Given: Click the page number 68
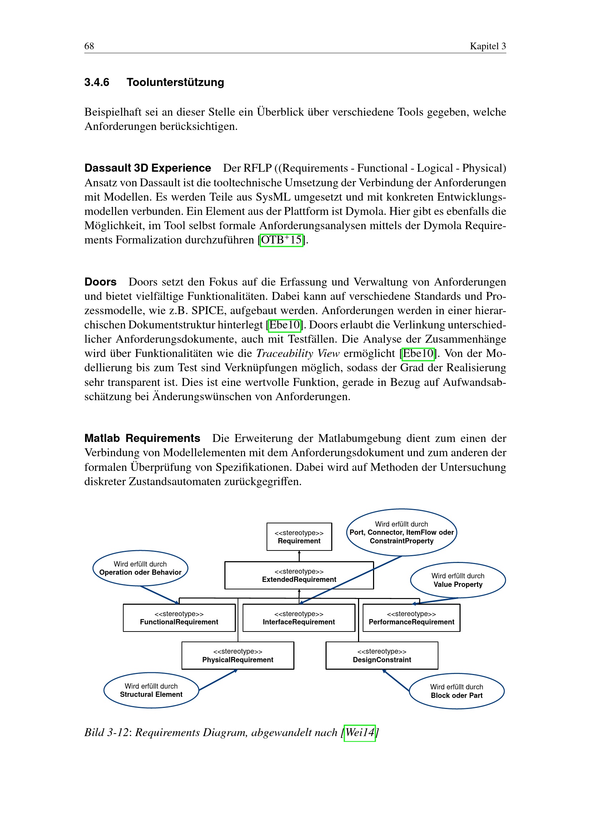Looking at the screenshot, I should point(89,46).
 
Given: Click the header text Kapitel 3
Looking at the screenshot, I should point(487,46).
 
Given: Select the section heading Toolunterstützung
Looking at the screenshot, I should point(175,82).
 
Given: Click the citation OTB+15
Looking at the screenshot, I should point(281,240).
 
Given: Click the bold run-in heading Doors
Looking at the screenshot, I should point(100,282).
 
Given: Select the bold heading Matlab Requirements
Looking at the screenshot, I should point(142,438).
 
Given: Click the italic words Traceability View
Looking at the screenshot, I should point(298,353).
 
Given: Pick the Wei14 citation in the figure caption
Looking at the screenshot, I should point(359,733).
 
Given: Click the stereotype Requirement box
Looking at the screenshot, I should point(299,537).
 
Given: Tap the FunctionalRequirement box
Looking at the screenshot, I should point(179,618).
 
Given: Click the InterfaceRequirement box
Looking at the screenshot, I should point(299,618).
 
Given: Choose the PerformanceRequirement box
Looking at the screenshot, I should point(411,618).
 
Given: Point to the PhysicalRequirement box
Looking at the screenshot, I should point(238,656).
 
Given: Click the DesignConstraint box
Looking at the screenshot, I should point(382,656).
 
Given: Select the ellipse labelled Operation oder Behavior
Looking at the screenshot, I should point(140,568).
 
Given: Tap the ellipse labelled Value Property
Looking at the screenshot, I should point(458,580).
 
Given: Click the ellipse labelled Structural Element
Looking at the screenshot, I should point(151,690).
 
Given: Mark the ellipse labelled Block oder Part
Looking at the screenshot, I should point(457,691).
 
